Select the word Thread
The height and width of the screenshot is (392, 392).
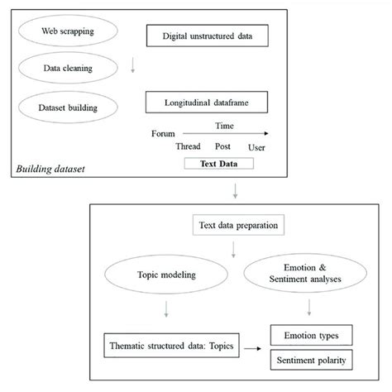tap(189, 146)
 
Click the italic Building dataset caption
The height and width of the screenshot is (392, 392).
tap(50, 169)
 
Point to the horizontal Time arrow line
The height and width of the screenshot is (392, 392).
tap(227, 133)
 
